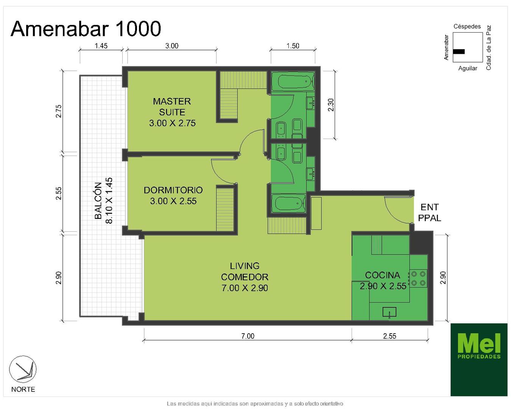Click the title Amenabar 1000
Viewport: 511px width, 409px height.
86,29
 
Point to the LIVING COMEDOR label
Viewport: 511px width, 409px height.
245,277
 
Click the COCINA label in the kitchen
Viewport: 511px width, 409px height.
383,275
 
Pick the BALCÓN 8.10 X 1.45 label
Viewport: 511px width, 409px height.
103,201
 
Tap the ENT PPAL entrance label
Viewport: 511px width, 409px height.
430,212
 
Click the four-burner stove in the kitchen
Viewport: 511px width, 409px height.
418,278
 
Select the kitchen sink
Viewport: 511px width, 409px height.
389,312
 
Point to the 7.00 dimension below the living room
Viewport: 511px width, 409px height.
248,336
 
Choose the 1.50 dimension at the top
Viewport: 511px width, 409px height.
293,45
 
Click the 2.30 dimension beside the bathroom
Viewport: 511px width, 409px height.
331,105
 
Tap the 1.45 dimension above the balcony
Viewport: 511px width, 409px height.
101,45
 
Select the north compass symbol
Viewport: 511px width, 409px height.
23,369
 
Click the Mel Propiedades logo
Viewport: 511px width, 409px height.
479,359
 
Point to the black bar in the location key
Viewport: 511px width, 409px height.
459,52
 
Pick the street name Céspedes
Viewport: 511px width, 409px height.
467,27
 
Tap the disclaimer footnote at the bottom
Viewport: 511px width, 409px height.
255,404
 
